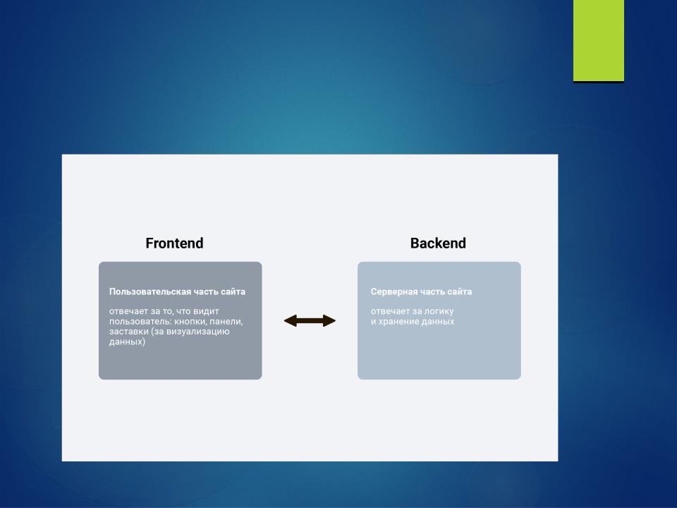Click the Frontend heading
click(174, 243)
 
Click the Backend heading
click(438, 243)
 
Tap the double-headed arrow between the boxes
click(310, 320)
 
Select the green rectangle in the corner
click(599, 41)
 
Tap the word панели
click(226, 322)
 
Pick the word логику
click(439, 311)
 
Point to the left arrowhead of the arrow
click(290, 320)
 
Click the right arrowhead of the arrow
click(329, 320)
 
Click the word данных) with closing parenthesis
click(128, 341)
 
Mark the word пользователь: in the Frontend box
click(140, 322)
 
